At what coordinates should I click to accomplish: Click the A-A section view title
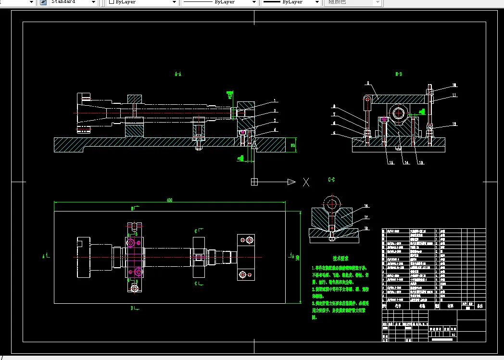click(177, 74)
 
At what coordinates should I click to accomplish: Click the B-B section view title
click(398, 74)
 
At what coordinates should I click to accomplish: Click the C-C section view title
click(331, 180)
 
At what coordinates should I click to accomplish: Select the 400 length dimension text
click(169, 200)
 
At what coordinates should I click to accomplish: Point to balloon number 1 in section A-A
click(275, 101)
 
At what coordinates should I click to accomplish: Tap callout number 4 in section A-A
click(275, 130)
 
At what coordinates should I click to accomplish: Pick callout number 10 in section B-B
click(454, 86)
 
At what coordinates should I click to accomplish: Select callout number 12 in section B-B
click(454, 124)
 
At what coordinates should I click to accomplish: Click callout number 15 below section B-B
click(391, 163)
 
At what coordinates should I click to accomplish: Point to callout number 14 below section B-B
click(406, 163)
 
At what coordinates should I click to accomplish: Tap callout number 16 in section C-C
click(366, 206)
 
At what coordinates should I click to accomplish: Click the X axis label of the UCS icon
click(306, 182)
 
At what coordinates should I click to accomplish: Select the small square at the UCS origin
click(254, 182)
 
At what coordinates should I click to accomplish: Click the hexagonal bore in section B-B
click(399, 113)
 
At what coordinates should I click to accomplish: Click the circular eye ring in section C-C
click(331, 204)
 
